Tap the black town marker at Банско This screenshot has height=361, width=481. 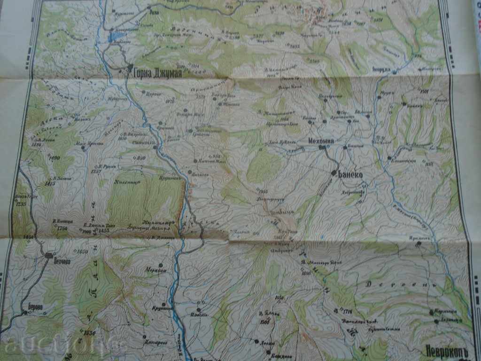[334, 173]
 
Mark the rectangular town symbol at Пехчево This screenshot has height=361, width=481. [48, 255]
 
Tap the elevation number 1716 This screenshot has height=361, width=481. [348, 312]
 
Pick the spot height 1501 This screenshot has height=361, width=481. [426, 91]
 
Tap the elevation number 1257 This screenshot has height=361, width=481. [96, 172]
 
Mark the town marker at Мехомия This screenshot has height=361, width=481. [321, 148]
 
